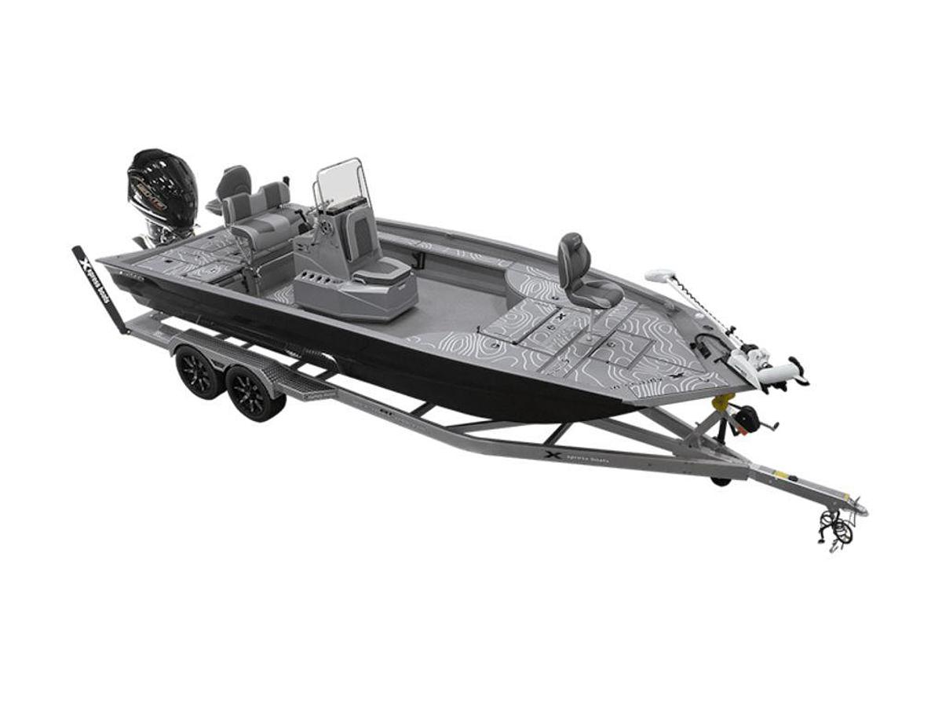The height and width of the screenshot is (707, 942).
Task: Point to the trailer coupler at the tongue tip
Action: pos(856,507)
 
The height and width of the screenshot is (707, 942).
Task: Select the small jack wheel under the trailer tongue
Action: pos(718,481)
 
